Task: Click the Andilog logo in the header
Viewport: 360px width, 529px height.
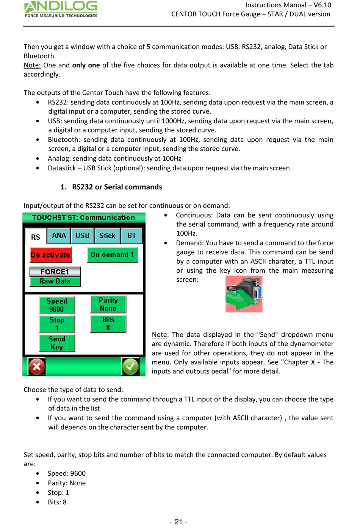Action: [61, 9]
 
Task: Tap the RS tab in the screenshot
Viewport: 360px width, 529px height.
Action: [36, 237]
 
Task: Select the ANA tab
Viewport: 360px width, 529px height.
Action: [59, 236]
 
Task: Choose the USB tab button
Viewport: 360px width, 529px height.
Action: [82, 236]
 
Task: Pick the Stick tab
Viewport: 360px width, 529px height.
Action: [107, 236]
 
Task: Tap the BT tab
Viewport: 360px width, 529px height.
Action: [131, 236]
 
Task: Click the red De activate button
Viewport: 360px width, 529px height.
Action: [51, 255]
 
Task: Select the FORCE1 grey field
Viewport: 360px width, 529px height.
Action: [55, 272]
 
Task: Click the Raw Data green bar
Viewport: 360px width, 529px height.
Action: [55, 281]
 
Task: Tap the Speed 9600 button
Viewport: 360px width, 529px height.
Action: [57, 305]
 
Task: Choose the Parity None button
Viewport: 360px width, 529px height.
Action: [108, 304]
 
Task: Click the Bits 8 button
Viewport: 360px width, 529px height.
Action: [108, 324]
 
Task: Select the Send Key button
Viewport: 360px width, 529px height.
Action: [57, 343]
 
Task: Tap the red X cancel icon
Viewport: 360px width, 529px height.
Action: [37, 367]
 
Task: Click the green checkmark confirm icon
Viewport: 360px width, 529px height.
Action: [130, 367]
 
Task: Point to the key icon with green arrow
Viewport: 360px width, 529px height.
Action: [244, 294]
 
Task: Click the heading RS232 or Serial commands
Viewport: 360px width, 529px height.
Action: [117, 187]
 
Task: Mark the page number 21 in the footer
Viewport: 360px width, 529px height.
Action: [178, 522]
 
